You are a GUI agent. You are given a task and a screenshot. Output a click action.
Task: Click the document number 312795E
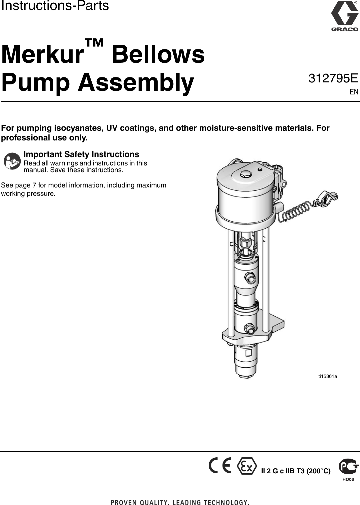[x=333, y=78]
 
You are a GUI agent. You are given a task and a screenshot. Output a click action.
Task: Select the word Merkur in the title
[x=42, y=54]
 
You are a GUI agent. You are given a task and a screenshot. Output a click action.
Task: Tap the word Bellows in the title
[x=158, y=54]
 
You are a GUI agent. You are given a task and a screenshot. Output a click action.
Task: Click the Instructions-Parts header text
[x=55, y=6]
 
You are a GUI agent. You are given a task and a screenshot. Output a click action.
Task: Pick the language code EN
[x=354, y=92]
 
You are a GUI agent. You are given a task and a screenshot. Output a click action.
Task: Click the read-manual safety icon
[x=12, y=161]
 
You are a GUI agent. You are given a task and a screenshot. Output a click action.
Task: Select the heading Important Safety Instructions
[x=81, y=154]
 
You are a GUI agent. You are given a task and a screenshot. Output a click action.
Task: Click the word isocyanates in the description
[x=79, y=128]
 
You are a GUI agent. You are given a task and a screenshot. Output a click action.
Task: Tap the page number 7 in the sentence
[x=34, y=185]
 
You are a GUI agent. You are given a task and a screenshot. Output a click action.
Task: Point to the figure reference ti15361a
[x=328, y=376]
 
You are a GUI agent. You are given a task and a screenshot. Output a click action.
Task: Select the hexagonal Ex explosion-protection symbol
[x=247, y=466]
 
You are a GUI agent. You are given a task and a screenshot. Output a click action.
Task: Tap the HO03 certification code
[x=348, y=479]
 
